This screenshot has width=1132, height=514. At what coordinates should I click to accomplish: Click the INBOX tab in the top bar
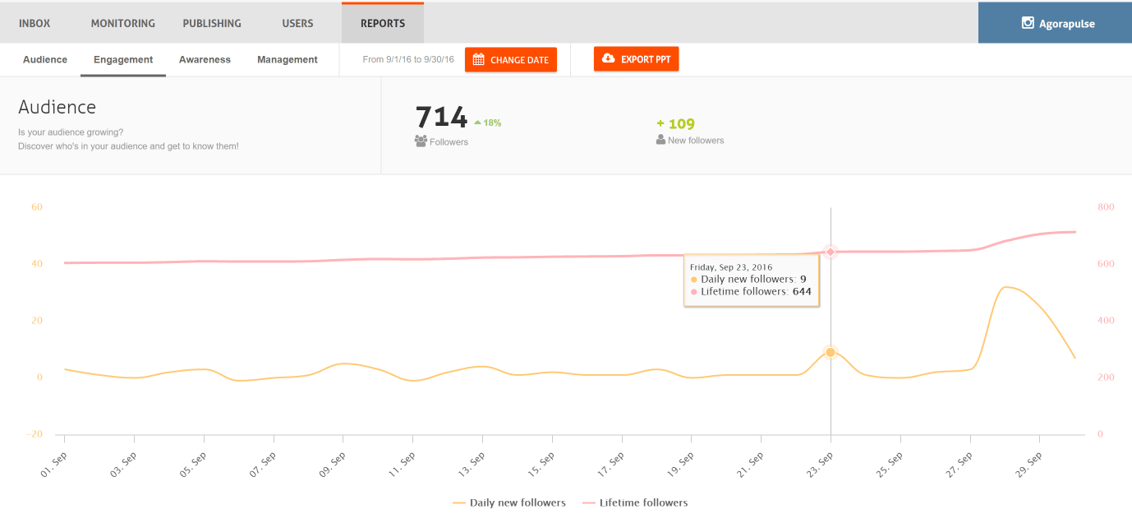pos(35,23)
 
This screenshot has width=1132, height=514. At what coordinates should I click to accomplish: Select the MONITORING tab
pos(122,23)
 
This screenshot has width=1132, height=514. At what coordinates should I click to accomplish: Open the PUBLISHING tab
pos(212,23)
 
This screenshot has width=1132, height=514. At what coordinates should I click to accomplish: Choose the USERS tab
pos(297,23)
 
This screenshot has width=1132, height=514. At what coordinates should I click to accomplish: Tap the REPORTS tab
pos(383,23)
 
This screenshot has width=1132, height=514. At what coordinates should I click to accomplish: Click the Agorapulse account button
pos(1055,23)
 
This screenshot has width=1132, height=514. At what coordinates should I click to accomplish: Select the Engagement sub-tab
pos(123,59)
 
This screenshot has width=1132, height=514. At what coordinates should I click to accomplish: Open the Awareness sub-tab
pos(205,59)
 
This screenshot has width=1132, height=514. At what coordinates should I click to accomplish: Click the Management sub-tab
pos(288,59)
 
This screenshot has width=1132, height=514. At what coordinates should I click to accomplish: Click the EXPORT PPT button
pos(637,59)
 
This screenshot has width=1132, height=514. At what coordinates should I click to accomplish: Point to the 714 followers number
pos(441,118)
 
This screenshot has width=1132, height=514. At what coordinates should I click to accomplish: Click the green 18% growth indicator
pos(488,123)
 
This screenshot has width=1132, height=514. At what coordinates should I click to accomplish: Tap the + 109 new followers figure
pos(675,124)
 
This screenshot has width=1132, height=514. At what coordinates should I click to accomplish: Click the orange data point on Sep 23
pos(831,352)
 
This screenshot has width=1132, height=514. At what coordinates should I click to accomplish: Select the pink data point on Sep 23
pos(831,252)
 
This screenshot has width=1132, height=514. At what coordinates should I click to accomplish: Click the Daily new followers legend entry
pos(509,502)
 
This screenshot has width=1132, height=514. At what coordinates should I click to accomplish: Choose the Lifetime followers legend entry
pos(635,502)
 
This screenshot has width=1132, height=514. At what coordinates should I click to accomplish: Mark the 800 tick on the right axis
pos(1106,207)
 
